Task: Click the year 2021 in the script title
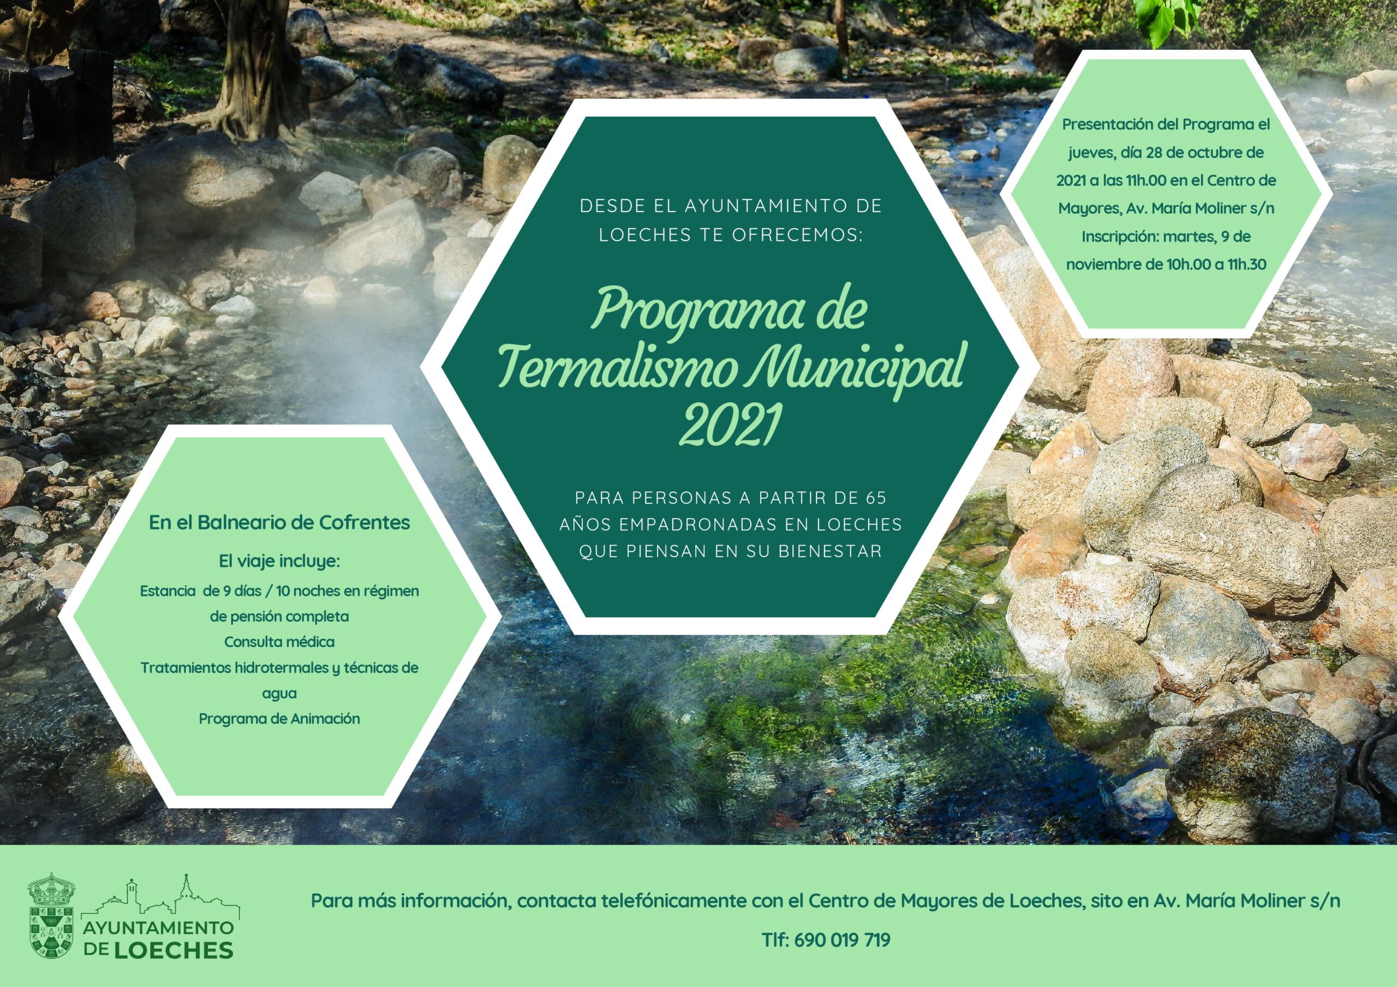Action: [x=730, y=425]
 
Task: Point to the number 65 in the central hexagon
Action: [x=876, y=497]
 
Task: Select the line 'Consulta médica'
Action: [x=279, y=642]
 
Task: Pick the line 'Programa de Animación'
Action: [x=279, y=718]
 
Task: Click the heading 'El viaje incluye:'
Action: [x=279, y=561]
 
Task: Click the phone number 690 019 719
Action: [x=842, y=940]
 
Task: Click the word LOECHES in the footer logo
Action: [x=174, y=950]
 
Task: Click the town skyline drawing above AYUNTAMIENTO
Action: [x=160, y=896]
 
